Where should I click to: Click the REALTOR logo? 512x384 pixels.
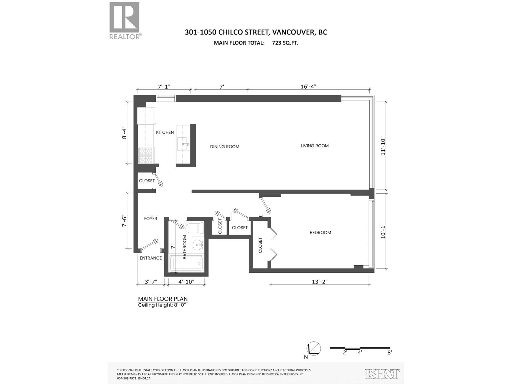[125, 21]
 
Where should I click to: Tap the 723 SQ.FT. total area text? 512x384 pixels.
[285, 43]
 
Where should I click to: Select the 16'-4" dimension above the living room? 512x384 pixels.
[308, 86]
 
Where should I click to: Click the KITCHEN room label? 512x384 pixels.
[165, 132]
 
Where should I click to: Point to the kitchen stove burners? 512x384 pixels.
[146, 155]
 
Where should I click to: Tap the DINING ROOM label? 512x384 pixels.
[225, 147]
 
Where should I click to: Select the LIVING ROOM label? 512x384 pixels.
[315, 146]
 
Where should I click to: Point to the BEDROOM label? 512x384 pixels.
[320, 232]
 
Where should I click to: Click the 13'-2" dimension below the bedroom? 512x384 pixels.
[320, 282]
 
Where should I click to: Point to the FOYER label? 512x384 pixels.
[150, 219]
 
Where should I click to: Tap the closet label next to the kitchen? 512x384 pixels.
[147, 180]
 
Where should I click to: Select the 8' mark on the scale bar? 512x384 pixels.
[389, 353]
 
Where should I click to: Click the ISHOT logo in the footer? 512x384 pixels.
[382, 373]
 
